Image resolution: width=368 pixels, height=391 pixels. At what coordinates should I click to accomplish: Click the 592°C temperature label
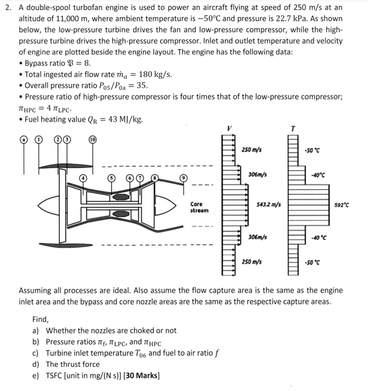pyautogui.click(x=343, y=204)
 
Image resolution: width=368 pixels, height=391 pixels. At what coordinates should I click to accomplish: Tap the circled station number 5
pyautogui.click(x=111, y=178)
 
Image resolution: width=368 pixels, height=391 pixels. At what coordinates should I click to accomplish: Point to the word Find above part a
pyautogui.click(x=41, y=319)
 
